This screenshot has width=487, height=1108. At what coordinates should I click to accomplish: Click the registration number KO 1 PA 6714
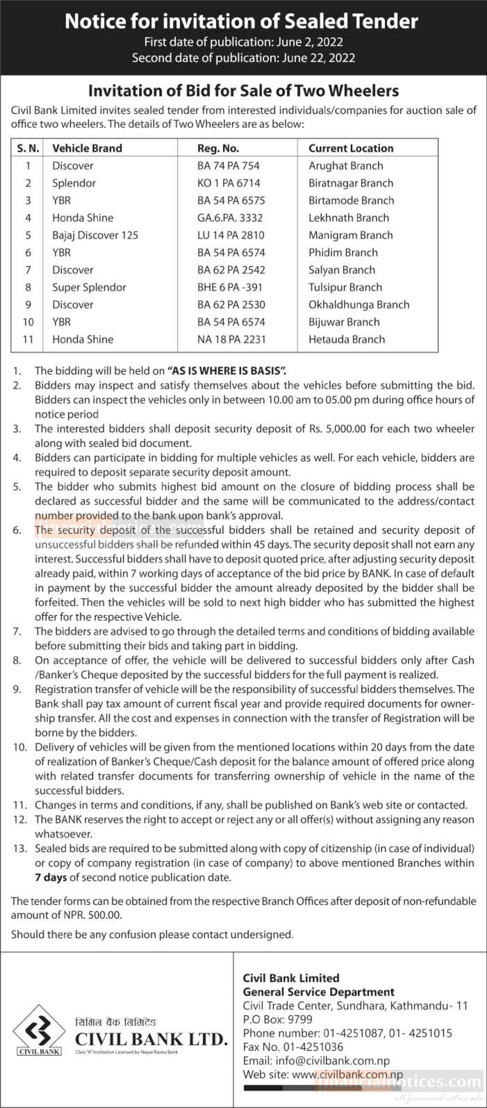click(229, 183)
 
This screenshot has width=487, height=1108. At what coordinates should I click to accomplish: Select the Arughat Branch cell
click(346, 166)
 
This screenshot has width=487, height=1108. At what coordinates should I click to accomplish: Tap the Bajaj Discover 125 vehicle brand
click(95, 235)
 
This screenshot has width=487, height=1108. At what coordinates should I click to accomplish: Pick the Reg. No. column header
click(218, 148)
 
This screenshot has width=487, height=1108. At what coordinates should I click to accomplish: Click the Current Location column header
click(351, 148)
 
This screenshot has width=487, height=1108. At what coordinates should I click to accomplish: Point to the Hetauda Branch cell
click(346, 339)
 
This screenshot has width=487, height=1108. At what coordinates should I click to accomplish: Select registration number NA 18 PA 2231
click(231, 339)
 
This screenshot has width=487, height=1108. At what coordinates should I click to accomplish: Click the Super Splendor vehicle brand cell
click(89, 287)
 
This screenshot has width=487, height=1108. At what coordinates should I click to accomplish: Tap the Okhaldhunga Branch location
click(359, 304)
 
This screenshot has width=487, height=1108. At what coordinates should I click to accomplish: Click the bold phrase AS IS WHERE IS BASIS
click(227, 371)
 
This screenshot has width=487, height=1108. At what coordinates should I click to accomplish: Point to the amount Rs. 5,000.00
click(337, 429)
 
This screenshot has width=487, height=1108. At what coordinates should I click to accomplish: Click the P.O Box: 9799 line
click(278, 1019)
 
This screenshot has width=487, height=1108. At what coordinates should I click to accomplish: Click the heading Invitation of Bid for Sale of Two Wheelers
click(243, 91)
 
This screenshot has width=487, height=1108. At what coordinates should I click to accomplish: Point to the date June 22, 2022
click(319, 58)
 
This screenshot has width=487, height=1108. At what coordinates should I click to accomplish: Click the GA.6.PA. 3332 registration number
click(229, 218)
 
